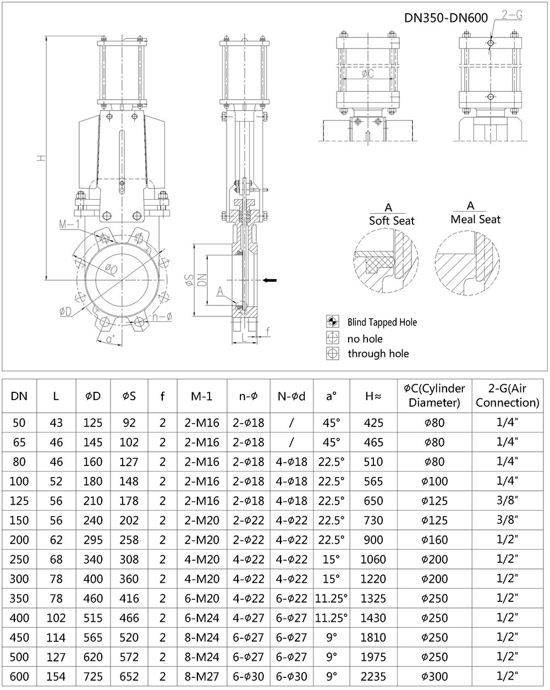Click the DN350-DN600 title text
click(446, 17)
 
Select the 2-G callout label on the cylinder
click(512, 15)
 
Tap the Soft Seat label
click(391, 220)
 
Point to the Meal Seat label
click(475, 219)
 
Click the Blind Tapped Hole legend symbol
click(332, 322)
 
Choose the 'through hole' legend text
click(378, 354)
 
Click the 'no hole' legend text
click(365, 338)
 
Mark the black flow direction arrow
click(269, 281)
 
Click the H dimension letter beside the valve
click(40, 158)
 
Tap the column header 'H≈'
click(373, 396)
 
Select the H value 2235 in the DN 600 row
click(373, 676)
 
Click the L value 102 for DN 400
click(56, 618)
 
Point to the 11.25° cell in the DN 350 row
click(331, 598)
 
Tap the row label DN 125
click(19, 501)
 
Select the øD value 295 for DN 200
click(93, 540)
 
